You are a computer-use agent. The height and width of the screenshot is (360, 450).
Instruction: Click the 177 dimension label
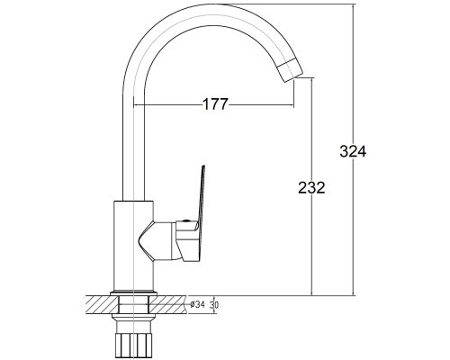[215, 104]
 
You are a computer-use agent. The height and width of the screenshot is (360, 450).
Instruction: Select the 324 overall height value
[353, 151]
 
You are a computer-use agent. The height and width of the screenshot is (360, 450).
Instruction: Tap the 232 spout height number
[311, 188]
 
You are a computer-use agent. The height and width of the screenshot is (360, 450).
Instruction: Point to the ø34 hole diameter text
[197, 305]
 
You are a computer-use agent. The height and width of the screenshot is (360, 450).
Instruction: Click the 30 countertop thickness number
[214, 305]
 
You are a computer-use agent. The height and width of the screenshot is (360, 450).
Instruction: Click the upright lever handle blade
[200, 195]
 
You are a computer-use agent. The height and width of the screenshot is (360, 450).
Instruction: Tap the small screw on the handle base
[186, 221]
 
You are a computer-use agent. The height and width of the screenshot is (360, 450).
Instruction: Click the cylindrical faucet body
[134, 246]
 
